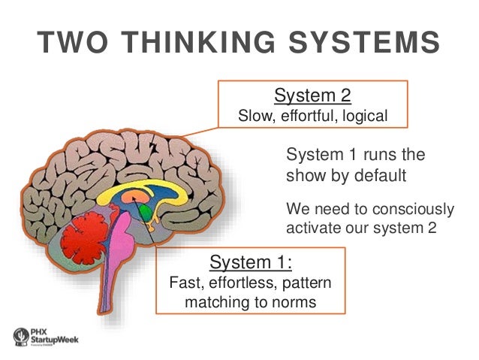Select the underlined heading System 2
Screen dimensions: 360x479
point(312,95)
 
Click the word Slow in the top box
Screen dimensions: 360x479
point(253,116)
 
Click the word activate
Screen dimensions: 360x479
point(312,226)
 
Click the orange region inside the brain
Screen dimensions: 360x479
point(136,197)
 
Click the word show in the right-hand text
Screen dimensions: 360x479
point(306,175)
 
